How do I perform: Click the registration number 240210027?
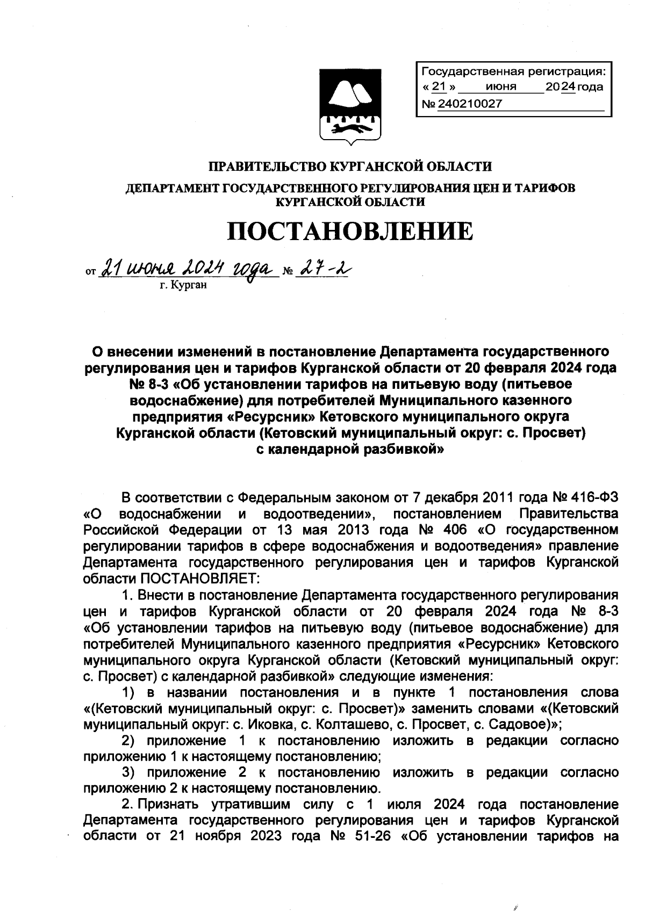tap(470, 104)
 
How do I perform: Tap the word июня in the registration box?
tap(500, 87)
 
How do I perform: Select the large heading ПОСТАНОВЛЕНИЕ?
tap(349, 231)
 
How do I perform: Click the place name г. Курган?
tap(183, 286)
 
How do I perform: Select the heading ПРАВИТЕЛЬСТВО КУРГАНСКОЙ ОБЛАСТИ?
tap(350, 167)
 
